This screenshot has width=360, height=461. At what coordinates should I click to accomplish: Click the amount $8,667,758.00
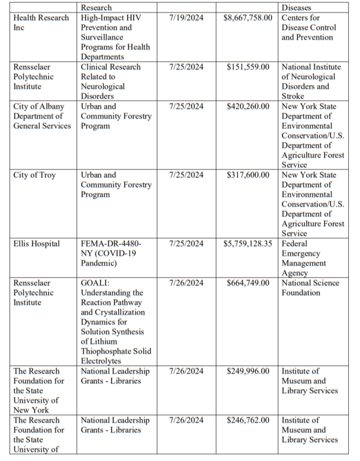248,18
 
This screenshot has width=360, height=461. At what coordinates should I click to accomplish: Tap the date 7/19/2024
186,18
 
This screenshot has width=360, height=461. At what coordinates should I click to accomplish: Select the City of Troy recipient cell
34,175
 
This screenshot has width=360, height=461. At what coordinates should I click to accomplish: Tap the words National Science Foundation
310,288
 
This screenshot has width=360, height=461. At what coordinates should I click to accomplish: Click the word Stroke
293,96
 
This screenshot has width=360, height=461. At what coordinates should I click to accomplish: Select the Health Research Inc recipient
41,22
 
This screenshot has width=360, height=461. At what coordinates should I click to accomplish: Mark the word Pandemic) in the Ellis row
98,263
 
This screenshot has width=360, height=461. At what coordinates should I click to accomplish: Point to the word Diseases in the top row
296,8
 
